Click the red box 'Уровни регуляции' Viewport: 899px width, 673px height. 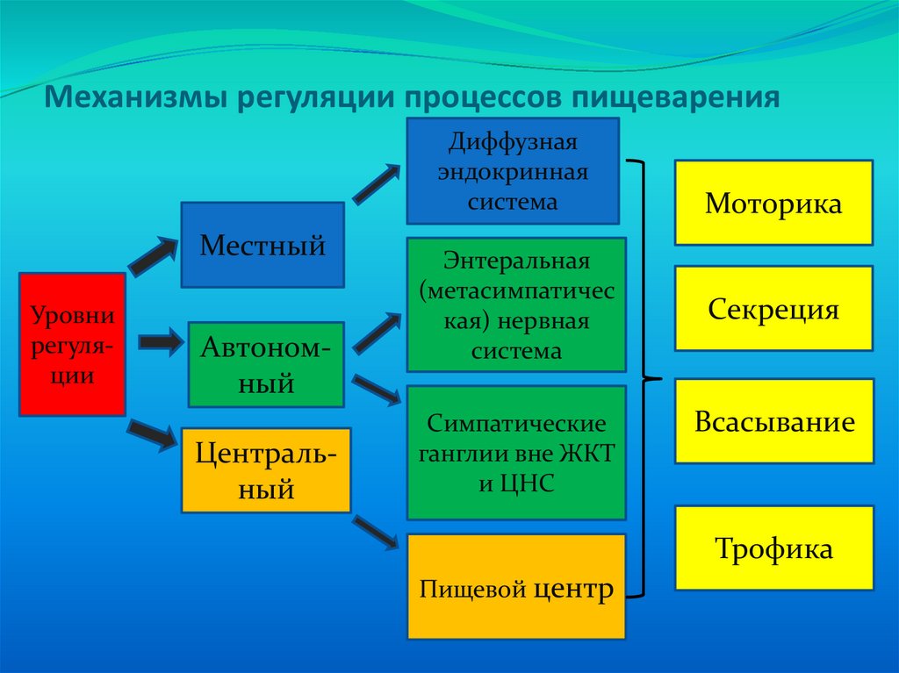click(x=73, y=343)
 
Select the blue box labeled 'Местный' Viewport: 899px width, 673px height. click(x=263, y=245)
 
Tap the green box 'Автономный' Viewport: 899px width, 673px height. click(x=266, y=364)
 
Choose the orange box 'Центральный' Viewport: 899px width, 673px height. click(x=266, y=470)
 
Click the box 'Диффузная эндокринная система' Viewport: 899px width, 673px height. click(x=513, y=171)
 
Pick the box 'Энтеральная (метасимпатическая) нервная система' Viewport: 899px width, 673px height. click(x=516, y=304)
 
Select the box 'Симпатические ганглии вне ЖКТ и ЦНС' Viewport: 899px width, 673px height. click(x=516, y=453)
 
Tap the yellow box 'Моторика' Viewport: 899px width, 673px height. click(x=773, y=203)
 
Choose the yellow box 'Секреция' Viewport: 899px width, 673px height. click(x=773, y=308)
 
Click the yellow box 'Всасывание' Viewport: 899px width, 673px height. click(x=773, y=421)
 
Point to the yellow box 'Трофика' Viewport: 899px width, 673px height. click(x=773, y=548)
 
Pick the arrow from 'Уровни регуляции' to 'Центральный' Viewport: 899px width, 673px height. click(x=153, y=434)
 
